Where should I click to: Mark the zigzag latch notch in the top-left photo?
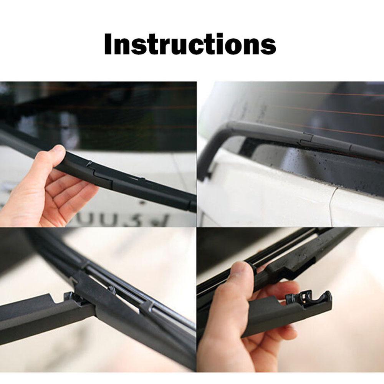click(x=91, y=164)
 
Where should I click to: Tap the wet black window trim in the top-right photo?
click(x=307, y=169)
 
